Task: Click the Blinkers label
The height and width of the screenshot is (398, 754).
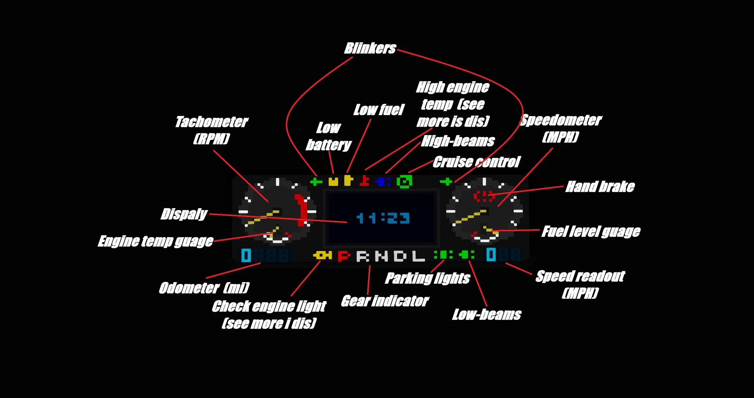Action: [x=370, y=48]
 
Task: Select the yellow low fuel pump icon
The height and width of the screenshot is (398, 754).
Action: [x=348, y=181]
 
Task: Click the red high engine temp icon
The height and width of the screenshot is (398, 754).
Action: [x=364, y=181]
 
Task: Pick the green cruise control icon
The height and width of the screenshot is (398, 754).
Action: [x=404, y=181]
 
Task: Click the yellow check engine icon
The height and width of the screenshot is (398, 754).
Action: [x=323, y=255]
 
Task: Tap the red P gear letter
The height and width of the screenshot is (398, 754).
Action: [x=344, y=256]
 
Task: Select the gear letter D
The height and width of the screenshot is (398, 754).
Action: [x=400, y=256]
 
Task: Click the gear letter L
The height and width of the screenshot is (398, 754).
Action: [x=418, y=256]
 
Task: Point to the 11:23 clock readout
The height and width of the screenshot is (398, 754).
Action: [x=383, y=218]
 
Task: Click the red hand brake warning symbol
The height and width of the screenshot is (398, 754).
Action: [x=484, y=196]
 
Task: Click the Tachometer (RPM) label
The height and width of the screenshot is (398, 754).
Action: [x=212, y=130]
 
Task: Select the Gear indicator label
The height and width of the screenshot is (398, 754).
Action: [x=385, y=301]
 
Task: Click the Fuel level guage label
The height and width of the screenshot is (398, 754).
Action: [x=591, y=232]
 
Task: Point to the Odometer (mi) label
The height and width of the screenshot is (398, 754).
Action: [x=204, y=288]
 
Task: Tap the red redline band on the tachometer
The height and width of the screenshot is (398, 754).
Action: [x=301, y=209]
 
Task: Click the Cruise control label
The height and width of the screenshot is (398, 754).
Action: [x=476, y=162]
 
